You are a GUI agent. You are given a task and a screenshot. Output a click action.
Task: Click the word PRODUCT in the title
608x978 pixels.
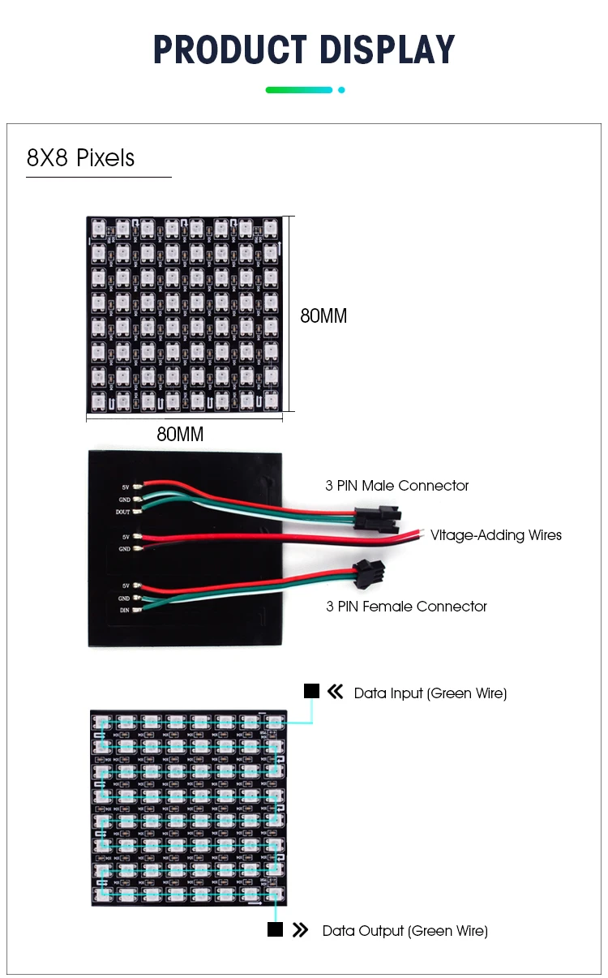[x=230, y=50]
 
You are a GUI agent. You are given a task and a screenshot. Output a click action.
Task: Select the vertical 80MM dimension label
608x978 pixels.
[x=323, y=316]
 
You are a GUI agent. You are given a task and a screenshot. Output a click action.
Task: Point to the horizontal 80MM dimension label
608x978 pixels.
[x=180, y=435]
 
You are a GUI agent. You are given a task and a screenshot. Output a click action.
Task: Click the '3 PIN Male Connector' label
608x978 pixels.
[x=397, y=486]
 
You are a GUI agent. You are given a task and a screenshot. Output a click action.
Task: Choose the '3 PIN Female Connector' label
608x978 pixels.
[x=406, y=606]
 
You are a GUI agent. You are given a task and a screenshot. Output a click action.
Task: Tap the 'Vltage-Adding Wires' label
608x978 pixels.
[x=495, y=535]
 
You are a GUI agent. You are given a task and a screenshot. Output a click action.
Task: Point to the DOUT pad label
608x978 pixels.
[x=122, y=512]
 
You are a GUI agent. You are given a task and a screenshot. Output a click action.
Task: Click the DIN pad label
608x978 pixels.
[x=124, y=610]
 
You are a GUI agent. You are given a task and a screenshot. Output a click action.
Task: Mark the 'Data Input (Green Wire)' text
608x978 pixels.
[x=430, y=693]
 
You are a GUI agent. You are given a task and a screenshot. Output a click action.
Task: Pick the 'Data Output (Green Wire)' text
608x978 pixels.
[x=405, y=931]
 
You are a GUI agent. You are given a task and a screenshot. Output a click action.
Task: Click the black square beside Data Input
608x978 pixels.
[x=311, y=691]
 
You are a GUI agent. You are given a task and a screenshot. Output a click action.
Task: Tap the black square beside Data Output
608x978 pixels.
[x=275, y=929]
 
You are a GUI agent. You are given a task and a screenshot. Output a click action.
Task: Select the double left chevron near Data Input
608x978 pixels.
[x=336, y=692]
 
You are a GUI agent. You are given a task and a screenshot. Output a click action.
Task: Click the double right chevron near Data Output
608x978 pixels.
[x=301, y=930]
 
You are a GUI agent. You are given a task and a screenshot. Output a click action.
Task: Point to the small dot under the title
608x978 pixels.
[x=341, y=90]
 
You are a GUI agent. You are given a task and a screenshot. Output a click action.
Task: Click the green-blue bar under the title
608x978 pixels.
[x=298, y=90]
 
